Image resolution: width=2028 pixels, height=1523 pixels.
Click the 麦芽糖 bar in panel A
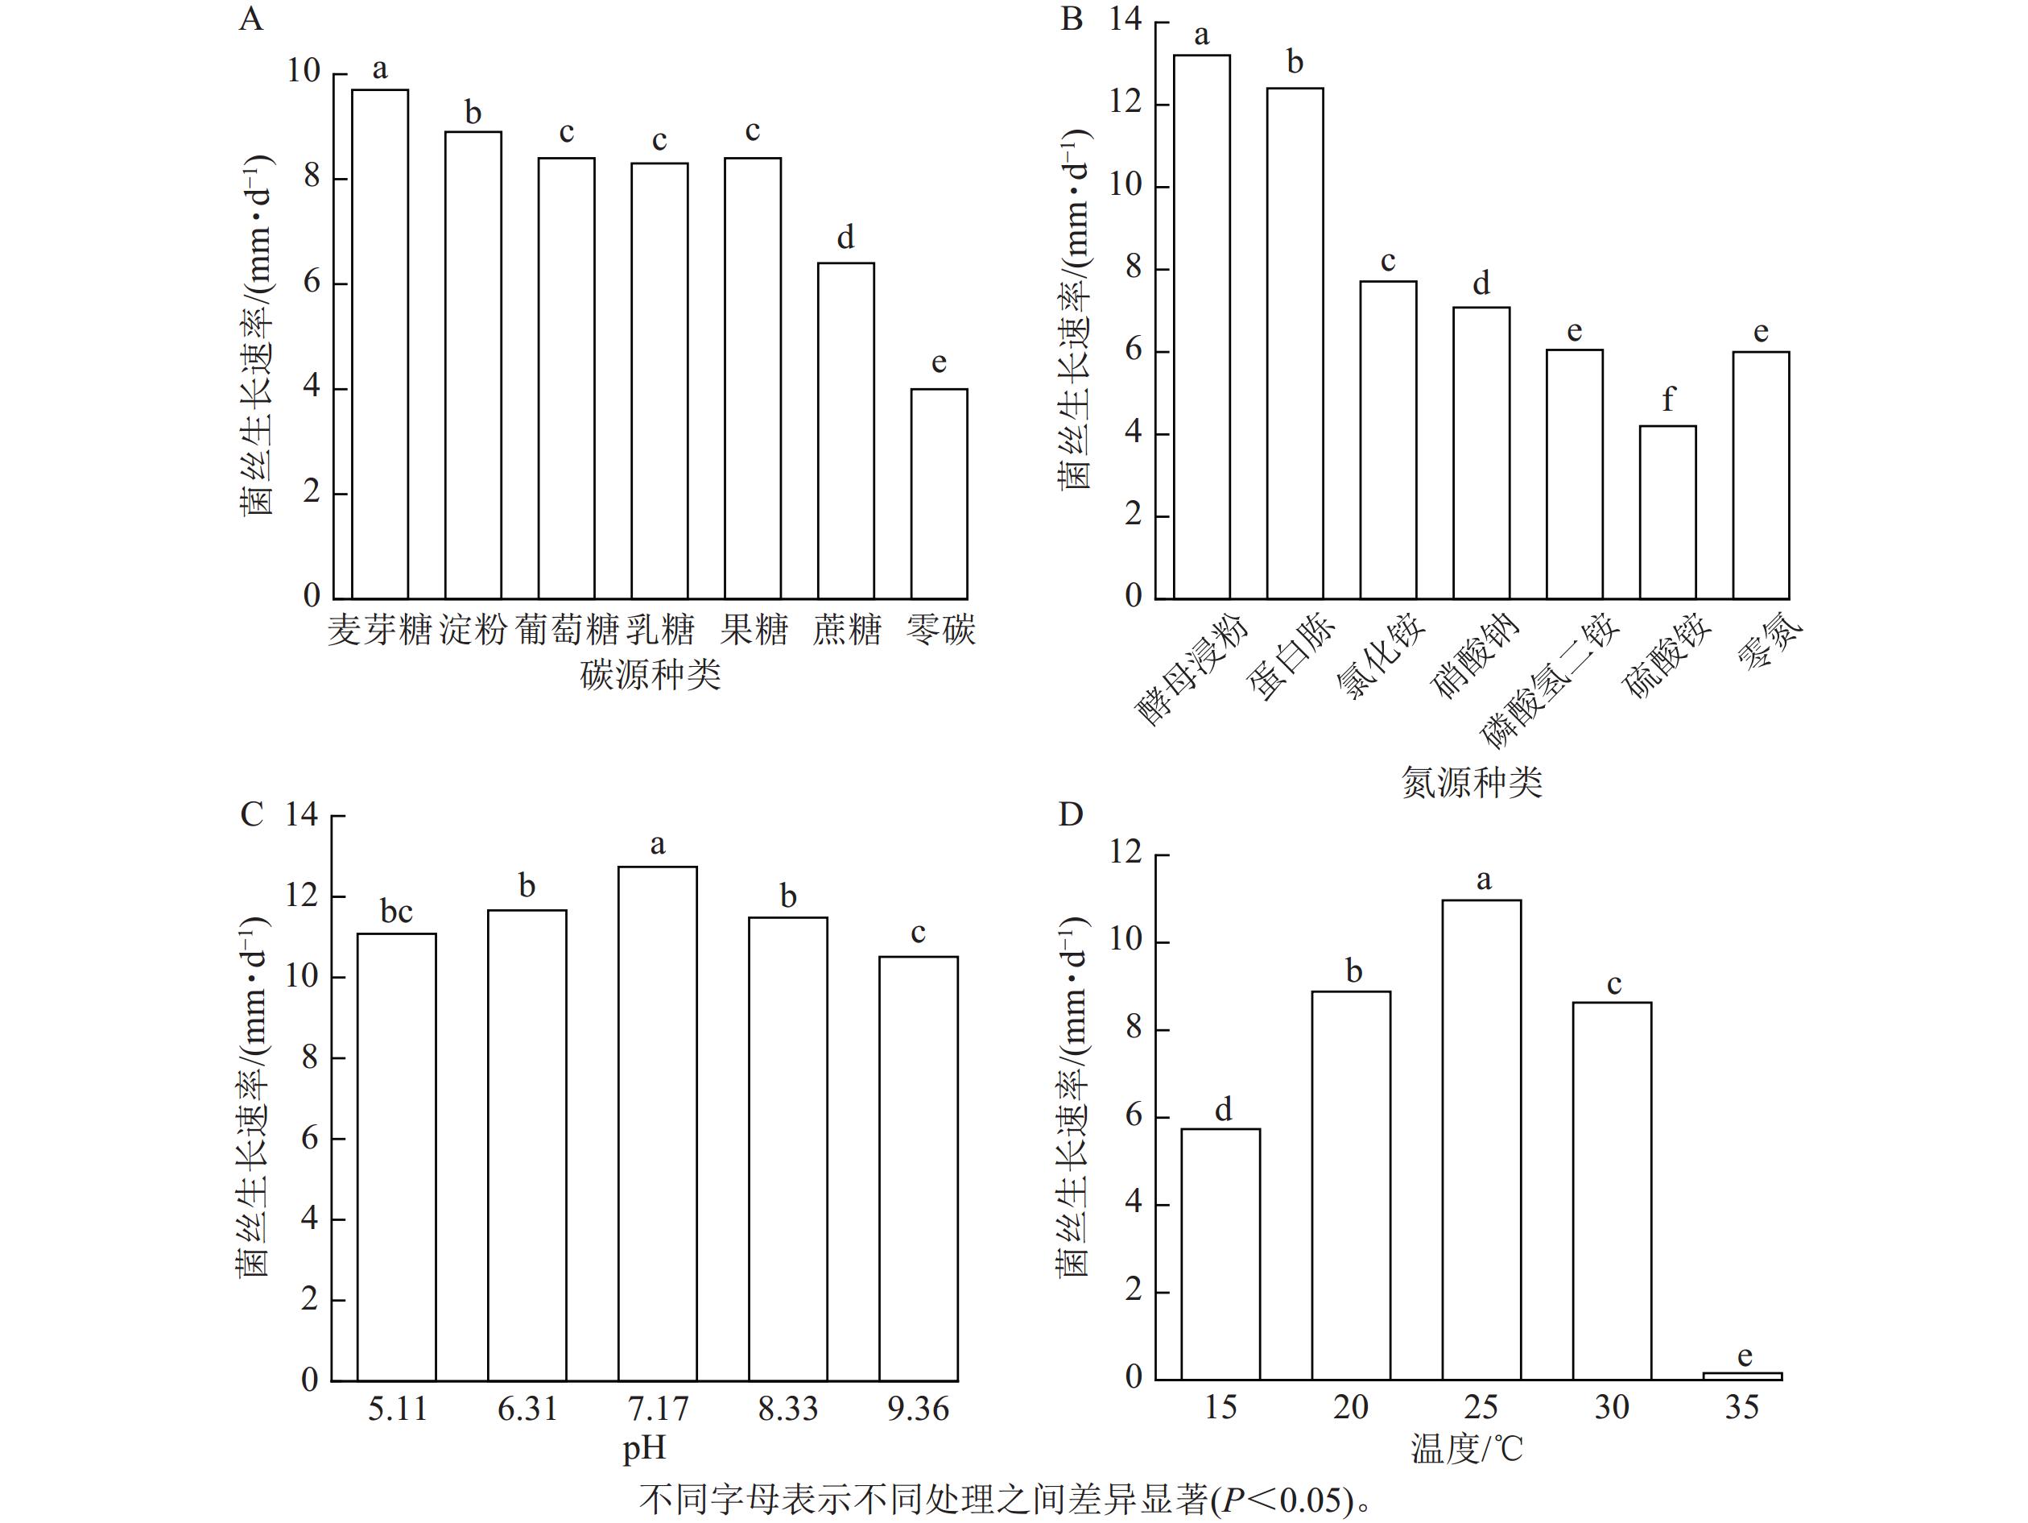(381, 344)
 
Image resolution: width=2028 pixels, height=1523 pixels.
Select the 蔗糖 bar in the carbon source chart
(845, 431)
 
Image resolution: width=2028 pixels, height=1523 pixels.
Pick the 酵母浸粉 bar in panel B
(1202, 326)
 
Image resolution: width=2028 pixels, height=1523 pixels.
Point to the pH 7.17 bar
(658, 1124)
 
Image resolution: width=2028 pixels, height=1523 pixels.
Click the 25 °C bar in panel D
(1481, 1140)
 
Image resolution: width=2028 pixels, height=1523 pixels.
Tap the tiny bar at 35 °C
(1742, 1376)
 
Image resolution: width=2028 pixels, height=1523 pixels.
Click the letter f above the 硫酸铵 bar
(1667, 399)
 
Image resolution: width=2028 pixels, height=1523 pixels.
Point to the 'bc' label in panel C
(396, 912)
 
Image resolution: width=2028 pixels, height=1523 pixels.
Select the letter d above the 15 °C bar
(1223, 1110)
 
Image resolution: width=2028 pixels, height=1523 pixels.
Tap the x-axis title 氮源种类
(1472, 782)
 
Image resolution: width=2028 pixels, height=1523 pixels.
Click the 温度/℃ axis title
(1466, 1449)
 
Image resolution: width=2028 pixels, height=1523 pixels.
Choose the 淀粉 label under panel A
(473, 630)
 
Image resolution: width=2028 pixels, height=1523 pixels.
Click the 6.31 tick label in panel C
(527, 1409)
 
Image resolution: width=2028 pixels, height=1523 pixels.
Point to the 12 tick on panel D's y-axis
(1126, 853)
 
